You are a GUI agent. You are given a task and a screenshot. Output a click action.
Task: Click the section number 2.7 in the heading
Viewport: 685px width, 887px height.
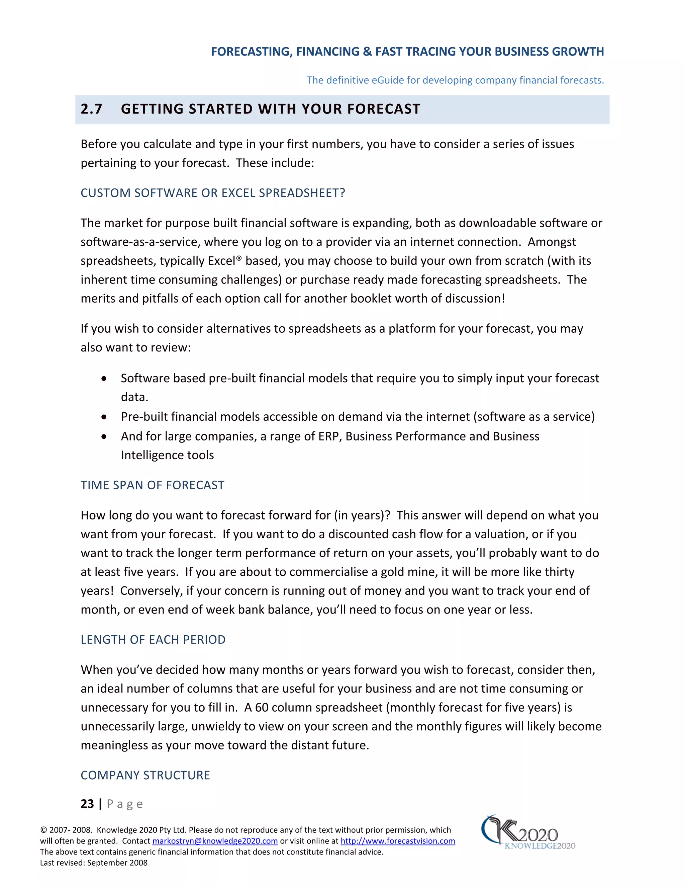[x=91, y=109]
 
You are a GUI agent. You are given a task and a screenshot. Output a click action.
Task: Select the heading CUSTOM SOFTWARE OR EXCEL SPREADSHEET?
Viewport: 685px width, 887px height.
[x=213, y=193]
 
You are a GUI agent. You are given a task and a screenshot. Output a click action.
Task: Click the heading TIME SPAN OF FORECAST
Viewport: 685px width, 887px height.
[x=152, y=485]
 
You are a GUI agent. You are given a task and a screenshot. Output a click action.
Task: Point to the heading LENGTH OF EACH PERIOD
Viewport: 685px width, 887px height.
[x=153, y=640]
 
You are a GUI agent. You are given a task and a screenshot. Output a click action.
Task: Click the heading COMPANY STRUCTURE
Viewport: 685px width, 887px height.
[x=145, y=775]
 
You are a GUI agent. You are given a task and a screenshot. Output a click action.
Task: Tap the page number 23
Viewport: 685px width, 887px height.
[x=87, y=804]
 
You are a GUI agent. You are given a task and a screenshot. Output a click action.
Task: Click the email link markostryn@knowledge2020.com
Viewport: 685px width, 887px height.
[x=215, y=841]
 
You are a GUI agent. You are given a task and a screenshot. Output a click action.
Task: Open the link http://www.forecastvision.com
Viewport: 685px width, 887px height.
[x=397, y=841]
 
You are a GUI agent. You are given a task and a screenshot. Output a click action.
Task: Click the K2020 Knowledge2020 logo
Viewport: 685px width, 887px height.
[x=527, y=832]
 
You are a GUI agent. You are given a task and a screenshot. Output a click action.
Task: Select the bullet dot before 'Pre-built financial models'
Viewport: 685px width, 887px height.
[x=104, y=417]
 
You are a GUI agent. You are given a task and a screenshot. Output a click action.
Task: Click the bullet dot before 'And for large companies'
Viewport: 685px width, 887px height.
[x=104, y=436]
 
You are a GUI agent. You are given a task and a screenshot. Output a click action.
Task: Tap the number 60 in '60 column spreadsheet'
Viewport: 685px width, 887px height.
[x=262, y=708]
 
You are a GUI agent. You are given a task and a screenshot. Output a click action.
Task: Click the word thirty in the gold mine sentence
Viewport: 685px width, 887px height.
[x=560, y=572]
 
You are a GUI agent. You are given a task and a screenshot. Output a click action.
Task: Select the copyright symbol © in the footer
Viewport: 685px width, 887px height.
[x=43, y=830]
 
